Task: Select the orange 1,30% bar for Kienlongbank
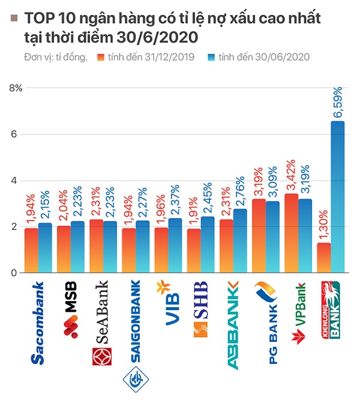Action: (323, 257)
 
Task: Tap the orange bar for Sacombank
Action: (31, 250)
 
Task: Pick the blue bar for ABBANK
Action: (240, 240)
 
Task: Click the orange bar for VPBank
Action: (291, 233)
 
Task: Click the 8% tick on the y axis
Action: (15, 88)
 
